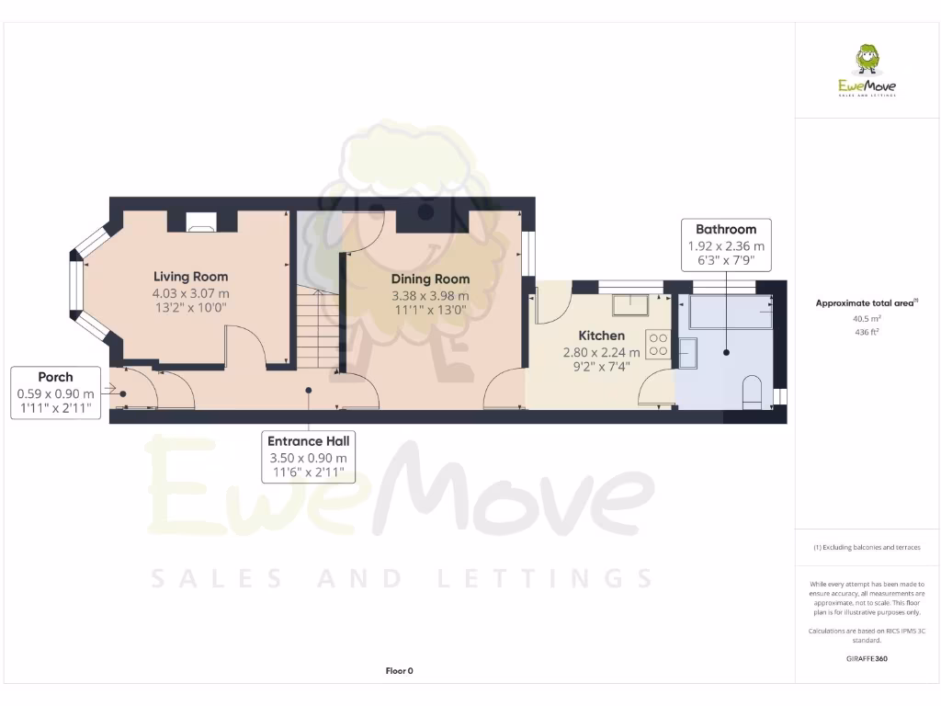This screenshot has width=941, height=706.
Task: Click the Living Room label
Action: (190, 276)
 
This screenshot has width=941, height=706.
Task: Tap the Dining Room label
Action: (430, 279)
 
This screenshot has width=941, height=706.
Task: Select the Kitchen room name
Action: (601, 336)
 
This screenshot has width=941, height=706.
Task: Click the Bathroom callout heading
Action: (726, 229)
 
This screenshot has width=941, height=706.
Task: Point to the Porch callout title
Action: (55, 377)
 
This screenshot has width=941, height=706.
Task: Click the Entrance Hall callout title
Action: (308, 440)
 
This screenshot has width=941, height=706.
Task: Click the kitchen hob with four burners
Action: (659, 344)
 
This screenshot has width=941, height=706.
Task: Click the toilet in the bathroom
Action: (751, 390)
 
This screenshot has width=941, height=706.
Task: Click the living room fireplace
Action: (200, 221)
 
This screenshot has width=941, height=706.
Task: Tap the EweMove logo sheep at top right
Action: (867, 61)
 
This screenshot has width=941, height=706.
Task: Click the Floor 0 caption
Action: (399, 671)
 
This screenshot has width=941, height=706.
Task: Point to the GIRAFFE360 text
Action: (867, 658)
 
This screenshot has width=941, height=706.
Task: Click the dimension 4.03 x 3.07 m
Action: (190, 293)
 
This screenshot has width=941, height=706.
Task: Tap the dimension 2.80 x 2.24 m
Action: (601, 352)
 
